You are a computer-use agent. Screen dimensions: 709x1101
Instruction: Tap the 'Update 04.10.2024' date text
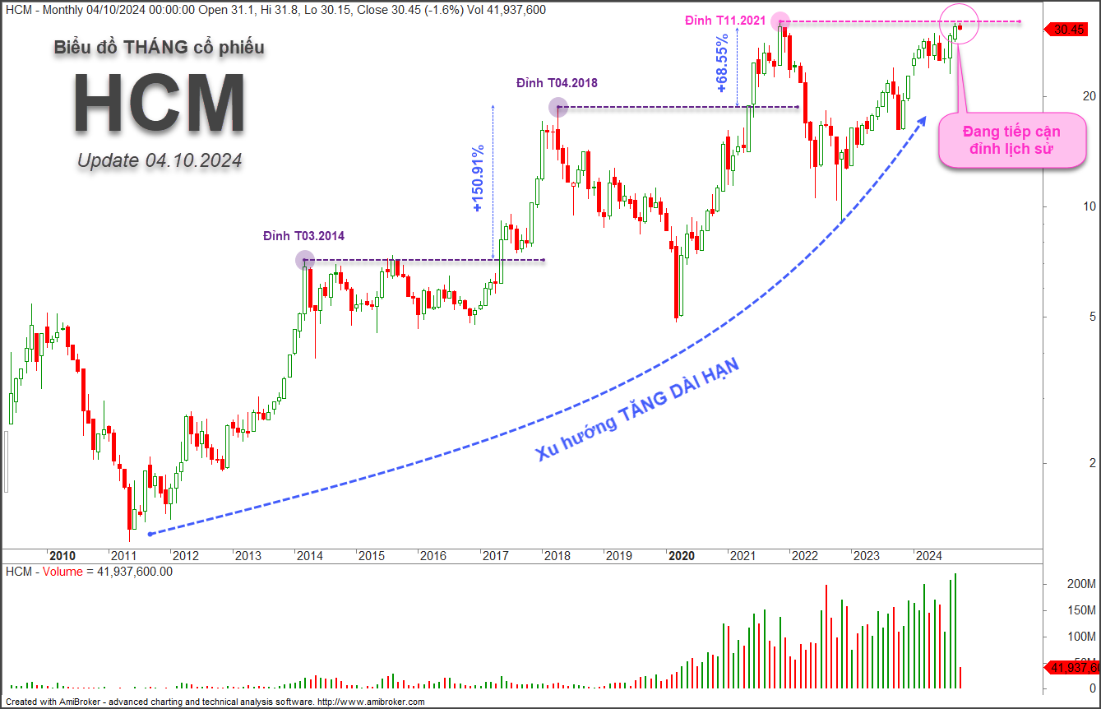coord(160,160)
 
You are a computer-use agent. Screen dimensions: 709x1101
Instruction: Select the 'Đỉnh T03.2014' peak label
coord(303,236)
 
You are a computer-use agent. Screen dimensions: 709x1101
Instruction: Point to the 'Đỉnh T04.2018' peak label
coord(557,83)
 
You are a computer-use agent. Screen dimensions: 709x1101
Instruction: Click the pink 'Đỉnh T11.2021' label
coord(724,20)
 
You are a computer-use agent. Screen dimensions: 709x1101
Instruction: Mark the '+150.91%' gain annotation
coord(479,179)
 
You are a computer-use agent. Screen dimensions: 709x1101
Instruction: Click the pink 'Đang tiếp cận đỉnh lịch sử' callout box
coord(1011,141)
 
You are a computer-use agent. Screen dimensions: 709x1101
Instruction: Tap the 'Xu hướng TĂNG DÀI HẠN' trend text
coord(638,409)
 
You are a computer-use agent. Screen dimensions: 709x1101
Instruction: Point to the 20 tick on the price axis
coord(1066,96)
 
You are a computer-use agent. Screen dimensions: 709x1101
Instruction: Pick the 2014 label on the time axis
coord(309,556)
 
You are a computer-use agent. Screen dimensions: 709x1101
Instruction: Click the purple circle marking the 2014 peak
coord(304,260)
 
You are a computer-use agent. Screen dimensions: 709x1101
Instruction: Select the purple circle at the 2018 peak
coord(558,106)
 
